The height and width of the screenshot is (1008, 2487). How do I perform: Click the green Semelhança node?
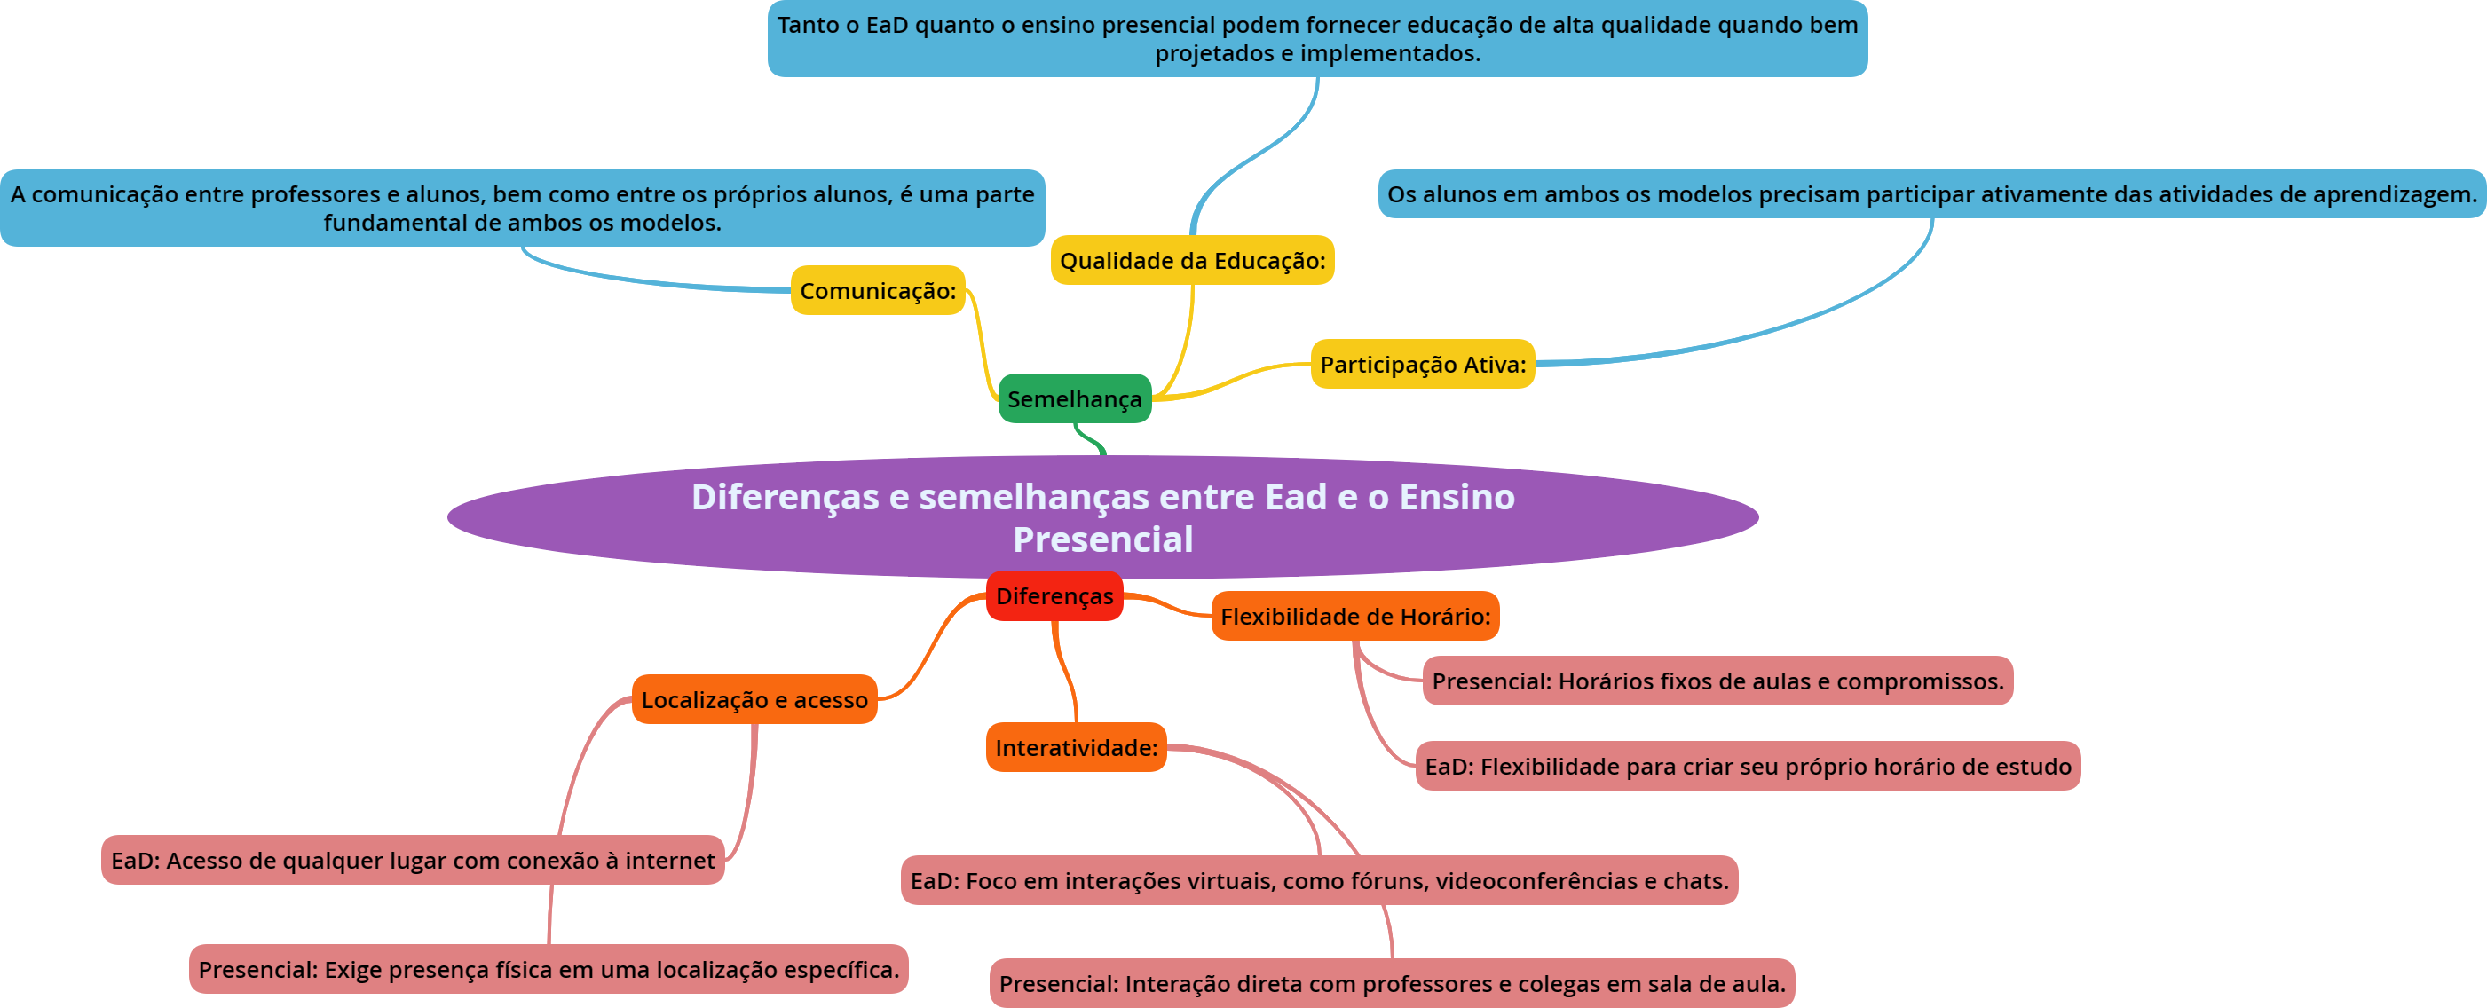[x=1075, y=398]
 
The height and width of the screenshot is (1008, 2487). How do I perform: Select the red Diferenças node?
[x=1054, y=595]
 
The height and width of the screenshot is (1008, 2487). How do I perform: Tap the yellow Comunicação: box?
[x=878, y=291]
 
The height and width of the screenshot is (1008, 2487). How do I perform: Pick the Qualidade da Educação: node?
[x=1192, y=261]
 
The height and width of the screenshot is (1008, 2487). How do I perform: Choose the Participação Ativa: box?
[x=1422, y=364]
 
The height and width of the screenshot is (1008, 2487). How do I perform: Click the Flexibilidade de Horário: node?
[x=1354, y=616]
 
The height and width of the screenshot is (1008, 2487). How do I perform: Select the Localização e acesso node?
[x=754, y=700]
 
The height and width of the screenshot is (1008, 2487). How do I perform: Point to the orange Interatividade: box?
[x=1076, y=747]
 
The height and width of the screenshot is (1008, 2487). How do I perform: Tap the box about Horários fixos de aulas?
[x=1717, y=681]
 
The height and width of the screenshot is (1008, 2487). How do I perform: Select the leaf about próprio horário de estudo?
[x=1748, y=767]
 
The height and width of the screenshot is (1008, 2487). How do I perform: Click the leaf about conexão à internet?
[x=412, y=861]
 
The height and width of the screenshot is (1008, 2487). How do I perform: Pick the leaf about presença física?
[x=549, y=969]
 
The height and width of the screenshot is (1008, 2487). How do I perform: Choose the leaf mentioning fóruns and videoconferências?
[x=1319, y=880]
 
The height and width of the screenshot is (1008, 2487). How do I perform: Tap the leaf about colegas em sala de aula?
[x=1391, y=984]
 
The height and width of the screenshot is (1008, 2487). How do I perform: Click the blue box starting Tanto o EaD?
[x=1317, y=39]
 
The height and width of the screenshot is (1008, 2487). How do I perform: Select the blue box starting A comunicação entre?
[x=522, y=209]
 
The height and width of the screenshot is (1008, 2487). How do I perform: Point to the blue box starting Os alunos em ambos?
[x=1930, y=194]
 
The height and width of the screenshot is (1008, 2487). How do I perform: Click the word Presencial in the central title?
[x=1102, y=539]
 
